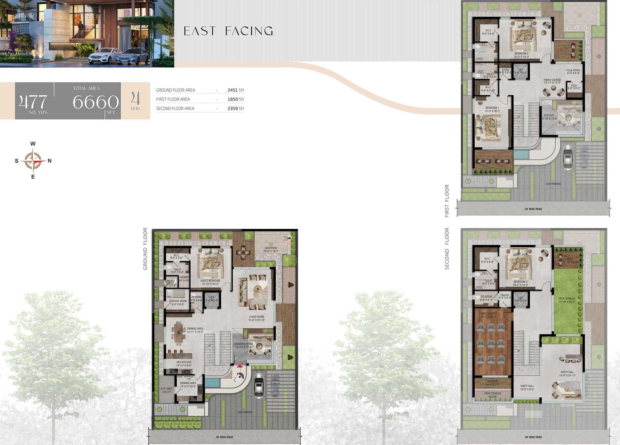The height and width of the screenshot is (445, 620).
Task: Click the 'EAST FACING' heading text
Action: [x=228, y=31]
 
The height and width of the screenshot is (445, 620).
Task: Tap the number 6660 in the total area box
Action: [x=95, y=102]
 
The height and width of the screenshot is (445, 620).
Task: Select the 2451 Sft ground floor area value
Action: [x=236, y=90]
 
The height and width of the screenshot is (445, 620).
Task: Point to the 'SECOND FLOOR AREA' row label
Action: [x=175, y=109]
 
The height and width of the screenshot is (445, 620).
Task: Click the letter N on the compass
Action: [x=50, y=160]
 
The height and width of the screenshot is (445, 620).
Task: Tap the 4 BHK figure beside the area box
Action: [x=135, y=101]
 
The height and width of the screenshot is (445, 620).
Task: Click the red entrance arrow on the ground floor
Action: [x=240, y=366]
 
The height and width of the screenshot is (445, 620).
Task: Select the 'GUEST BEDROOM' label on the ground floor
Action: [x=210, y=281]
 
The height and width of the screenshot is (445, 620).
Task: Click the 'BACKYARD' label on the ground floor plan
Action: [x=271, y=248]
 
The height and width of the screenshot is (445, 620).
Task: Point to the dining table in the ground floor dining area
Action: [x=179, y=333]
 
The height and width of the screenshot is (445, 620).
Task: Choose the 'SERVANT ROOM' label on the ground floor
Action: [x=178, y=301]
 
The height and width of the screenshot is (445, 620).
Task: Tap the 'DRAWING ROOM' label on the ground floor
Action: [x=243, y=344]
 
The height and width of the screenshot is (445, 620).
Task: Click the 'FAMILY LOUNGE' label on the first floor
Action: [x=552, y=80]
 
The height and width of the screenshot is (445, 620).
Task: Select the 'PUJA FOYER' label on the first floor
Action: [x=573, y=71]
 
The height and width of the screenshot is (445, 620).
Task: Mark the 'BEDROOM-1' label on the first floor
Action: [x=492, y=108]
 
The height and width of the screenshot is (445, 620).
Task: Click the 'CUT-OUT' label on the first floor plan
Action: [x=549, y=116]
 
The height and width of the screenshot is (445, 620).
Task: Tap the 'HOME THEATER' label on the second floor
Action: [x=488, y=314]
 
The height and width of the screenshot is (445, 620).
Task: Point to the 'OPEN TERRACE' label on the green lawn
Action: [x=567, y=298]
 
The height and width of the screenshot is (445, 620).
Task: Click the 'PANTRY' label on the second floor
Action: [x=505, y=295]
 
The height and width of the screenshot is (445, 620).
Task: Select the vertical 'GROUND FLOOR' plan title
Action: [x=145, y=248]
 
